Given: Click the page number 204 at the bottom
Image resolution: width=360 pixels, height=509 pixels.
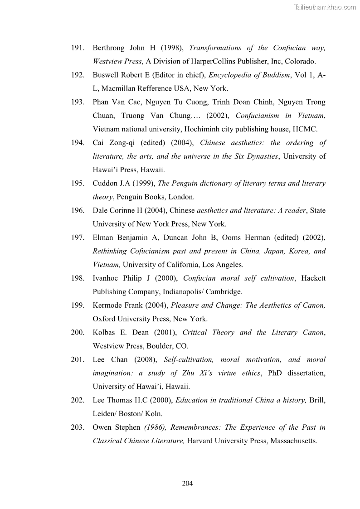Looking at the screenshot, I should pyautogui.click(x=187, y=484).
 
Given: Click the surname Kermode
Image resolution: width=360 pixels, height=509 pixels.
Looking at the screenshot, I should pyautogui.click(x=108, y=305).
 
